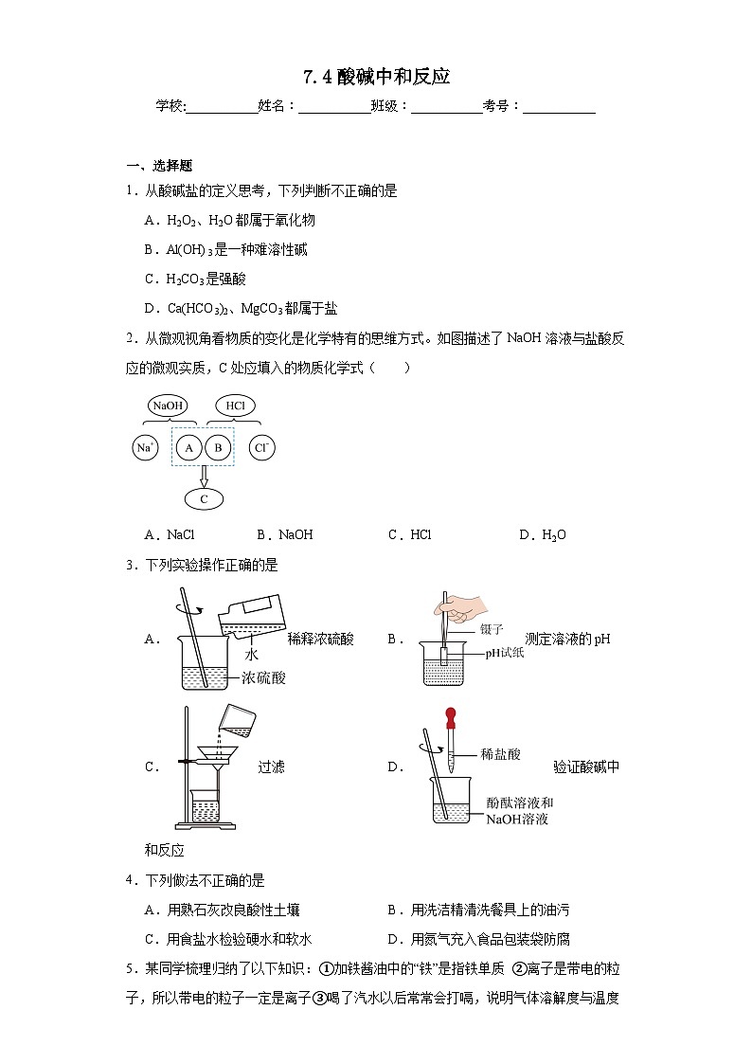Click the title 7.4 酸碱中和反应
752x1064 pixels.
point(376,77)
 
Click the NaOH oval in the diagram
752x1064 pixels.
point(168,406)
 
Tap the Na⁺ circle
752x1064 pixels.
point(145,447)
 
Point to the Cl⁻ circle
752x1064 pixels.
point(263,447)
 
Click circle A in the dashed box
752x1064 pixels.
point(189,447)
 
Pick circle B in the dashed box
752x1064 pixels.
point(219,447)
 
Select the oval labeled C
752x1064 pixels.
point(204,498)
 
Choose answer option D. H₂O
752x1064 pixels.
point(542,535)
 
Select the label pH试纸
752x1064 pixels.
point(505,652)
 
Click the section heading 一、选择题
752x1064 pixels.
point(159,165)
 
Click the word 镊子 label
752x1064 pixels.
point(492,628)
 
